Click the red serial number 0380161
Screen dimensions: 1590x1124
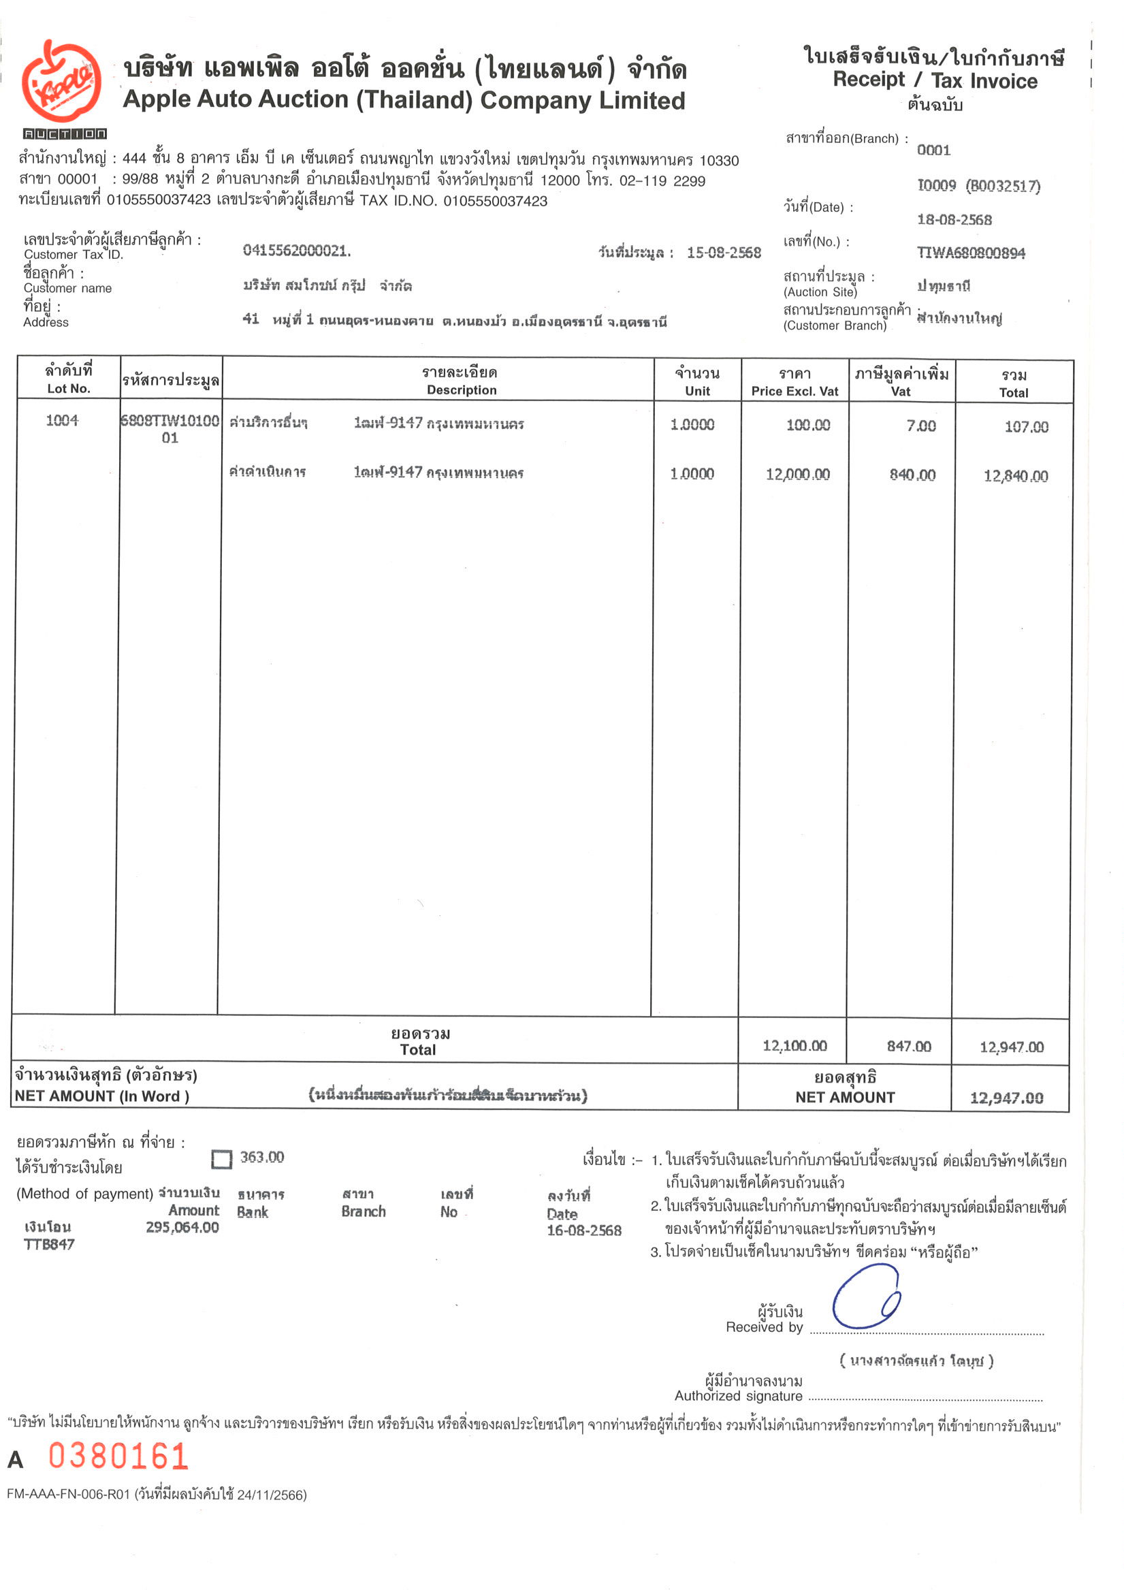pyautogui.click(x=118, y=1457)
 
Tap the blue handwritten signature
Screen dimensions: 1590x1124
pyautogui.click(x=866, y=1297)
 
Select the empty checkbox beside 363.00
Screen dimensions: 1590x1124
pyautogui.click(x=221, y=1159)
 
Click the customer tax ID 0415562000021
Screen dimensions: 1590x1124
pyautogui.click(x=296, y=251)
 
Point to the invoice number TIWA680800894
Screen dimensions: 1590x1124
pyautogui.click(x=970, y=253)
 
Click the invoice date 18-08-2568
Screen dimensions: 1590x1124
pyautogui.click(x=954, y=219)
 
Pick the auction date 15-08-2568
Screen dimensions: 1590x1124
pyautogui.click(x=723, y=253)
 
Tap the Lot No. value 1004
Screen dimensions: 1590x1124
pyautogui.click(x=63, y=420)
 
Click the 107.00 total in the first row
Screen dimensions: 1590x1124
pyautogui.click(x=1026, y=427)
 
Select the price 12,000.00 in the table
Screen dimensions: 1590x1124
pyautogui.click(x=797, y=475)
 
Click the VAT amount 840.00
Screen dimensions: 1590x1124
pyautogui.click(x=912, y=475)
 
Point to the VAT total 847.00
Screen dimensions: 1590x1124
pyautogui.click(x=909, y=1047)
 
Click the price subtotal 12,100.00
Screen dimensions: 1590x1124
pyautogui.click(x=794, y=1046)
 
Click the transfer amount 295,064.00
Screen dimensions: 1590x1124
pyautogui.click(x=182, y=1227)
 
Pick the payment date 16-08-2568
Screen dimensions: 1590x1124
pyautogui.click(x=584, y=1230)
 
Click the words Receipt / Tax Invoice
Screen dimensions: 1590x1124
pyautogui.click(x=934, y=80)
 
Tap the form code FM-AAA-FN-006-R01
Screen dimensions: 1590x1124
pyautogui.click(x=69, y=1495)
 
